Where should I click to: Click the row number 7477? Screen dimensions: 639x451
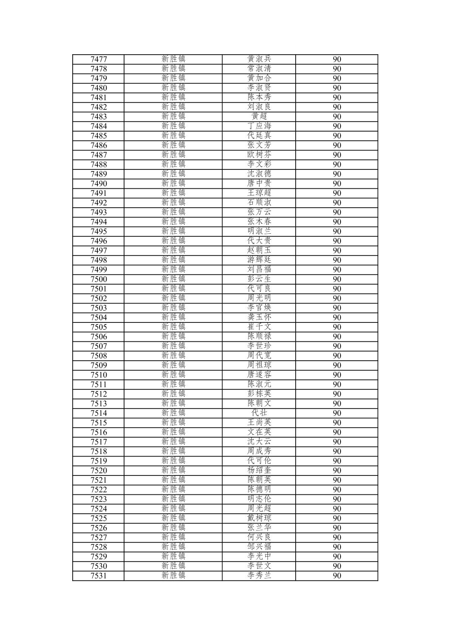(x=99, y=59)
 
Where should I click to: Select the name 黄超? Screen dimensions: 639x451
(x=259, y=116)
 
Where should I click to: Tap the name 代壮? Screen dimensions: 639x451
(x=259, y=413)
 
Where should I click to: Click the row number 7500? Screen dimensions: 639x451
(x=99, y=279)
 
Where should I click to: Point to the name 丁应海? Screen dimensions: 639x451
(x=259, y=126)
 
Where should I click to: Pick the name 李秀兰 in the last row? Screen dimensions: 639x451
(x=259, y=576)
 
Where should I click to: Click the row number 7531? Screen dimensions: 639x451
(x=99, y=576)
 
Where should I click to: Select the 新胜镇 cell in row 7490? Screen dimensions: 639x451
(x=173, y=183)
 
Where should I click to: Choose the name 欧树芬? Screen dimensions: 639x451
(x=259, y=155)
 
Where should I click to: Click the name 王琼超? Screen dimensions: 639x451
(x=259, y=193)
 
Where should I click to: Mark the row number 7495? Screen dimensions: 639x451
(x=99, y=231)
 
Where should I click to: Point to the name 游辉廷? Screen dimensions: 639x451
(x=259, y=260)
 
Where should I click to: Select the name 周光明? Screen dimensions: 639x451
(x=259, y=298)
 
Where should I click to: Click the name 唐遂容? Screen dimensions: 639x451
(x=259, y=375)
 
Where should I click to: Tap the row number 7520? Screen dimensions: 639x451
(x=99, y=470)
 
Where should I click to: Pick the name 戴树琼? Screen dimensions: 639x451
(x=259, y=518)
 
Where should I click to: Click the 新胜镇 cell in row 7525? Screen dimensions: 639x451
(x=173, y=518)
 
